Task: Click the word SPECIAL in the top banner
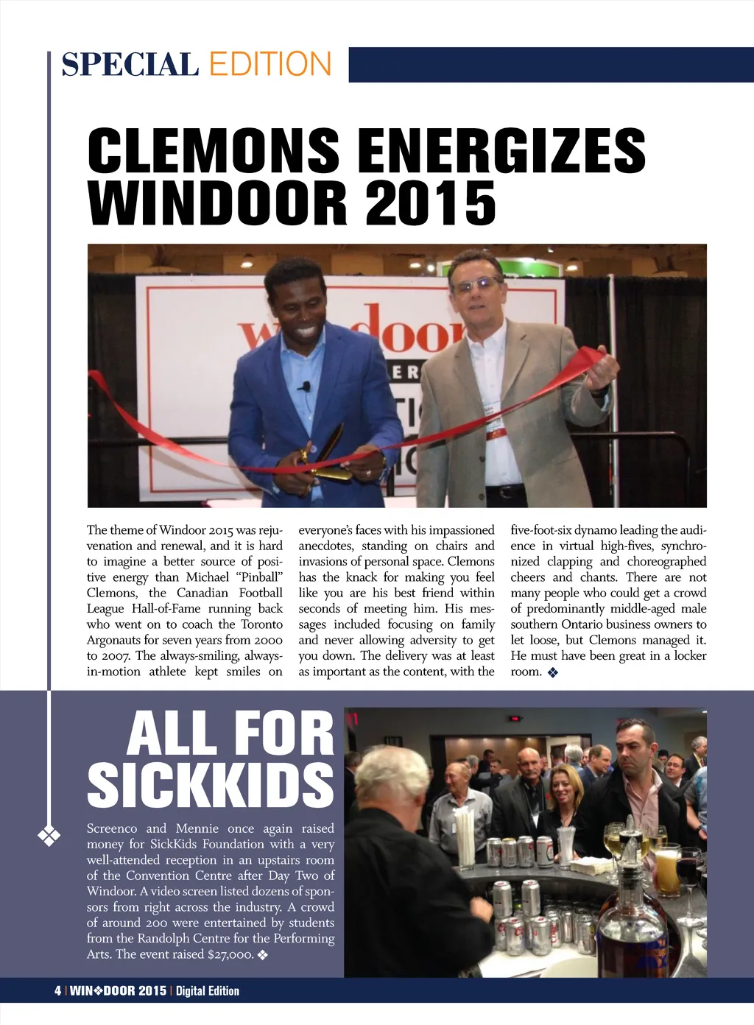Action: [x=130, y=64]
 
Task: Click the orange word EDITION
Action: [x=270, y=64]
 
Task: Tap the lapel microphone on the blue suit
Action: [x=305, y=386]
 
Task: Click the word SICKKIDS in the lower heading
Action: [x=211, y=784]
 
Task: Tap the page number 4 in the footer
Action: [x=57, y=991]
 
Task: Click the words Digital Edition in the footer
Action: [x=208, y=991]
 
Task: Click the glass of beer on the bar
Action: [x=666, y=873]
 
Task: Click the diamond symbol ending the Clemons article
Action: [x=553, y=672]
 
